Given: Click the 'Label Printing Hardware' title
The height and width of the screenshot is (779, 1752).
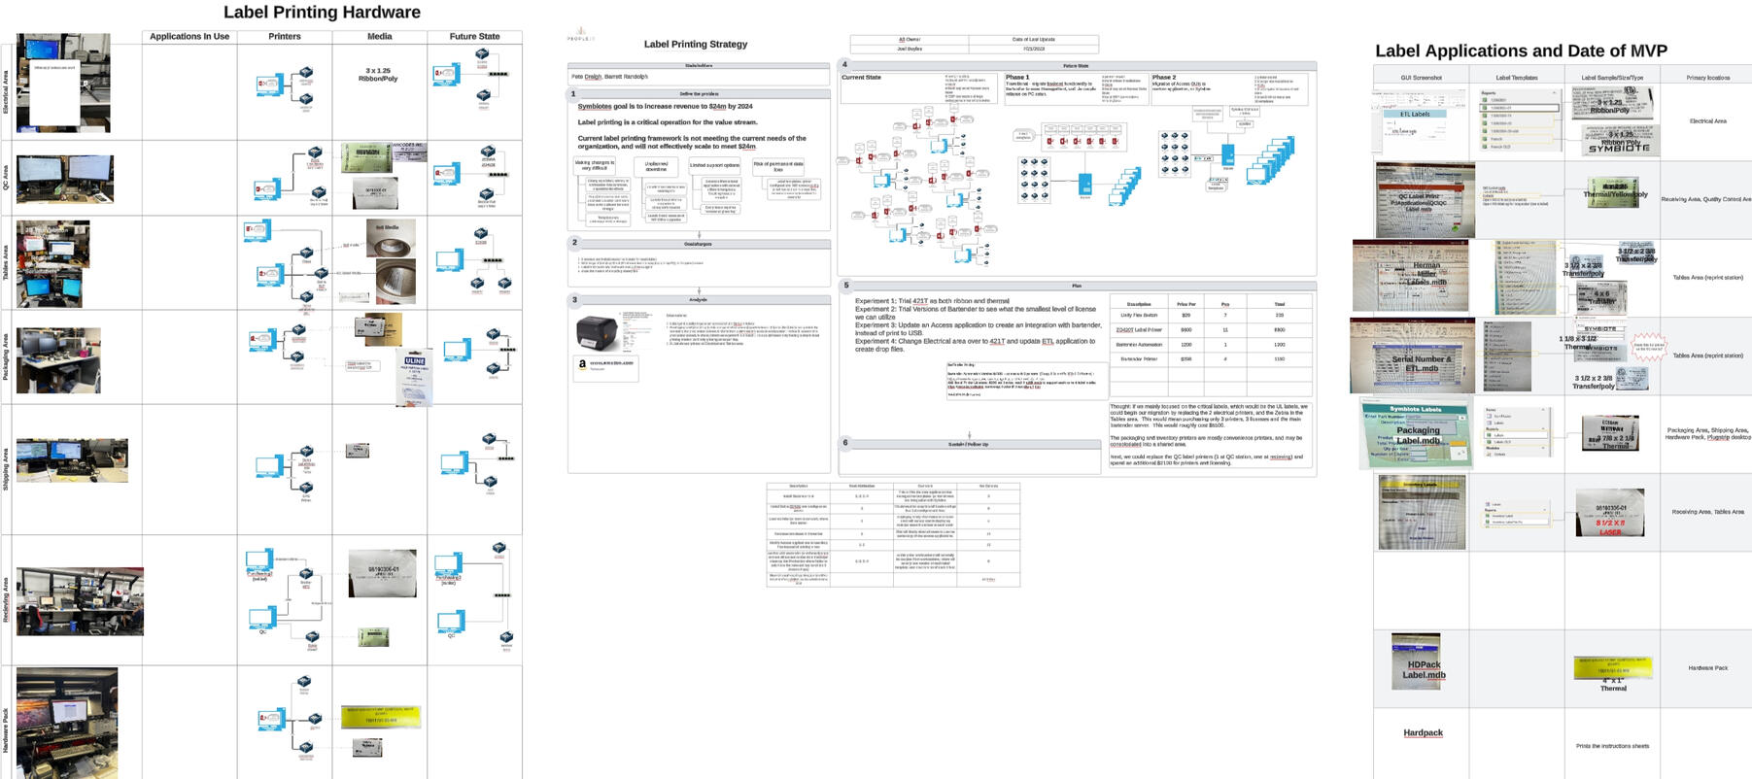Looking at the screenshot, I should (x=322, y=13).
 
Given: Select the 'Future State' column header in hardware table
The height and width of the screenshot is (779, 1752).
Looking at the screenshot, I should (x=474, y=37).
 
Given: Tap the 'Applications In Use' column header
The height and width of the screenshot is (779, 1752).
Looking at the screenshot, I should (x=189, y=37).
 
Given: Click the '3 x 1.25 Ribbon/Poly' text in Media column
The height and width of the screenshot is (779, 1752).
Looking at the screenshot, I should (x=378, y=75).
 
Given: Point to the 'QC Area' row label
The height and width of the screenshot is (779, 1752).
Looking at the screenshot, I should (x=6, y=178).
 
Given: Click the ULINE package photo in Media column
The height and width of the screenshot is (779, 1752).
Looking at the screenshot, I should (x=414, y=376).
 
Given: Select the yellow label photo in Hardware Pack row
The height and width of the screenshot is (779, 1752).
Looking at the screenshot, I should (x=380, y=717).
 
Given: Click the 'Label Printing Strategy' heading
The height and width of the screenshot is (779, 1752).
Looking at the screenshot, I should (x=696, y=44).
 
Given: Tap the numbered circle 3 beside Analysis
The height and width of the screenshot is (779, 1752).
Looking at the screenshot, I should (x=574, y=300).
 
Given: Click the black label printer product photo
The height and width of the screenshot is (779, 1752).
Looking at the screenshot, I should (x=602, y=333).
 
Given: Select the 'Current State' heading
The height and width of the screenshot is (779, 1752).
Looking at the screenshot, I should (x=861, y=78).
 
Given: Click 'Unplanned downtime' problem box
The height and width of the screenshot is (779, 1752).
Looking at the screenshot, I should (x=656, y=166).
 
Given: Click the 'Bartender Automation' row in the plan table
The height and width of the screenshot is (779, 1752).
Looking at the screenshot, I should (x=1139, y=345).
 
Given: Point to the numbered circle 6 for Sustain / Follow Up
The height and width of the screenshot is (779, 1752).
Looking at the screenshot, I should (x=845, y=443).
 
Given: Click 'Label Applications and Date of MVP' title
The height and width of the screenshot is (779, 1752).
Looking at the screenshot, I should (x=1521, y=51).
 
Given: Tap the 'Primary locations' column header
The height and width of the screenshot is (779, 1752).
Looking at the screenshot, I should (x=1707, y=78).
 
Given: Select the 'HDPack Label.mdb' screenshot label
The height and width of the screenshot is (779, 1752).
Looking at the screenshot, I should (x=1423, y=669).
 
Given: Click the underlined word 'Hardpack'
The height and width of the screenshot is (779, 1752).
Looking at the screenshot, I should (x=1423, y=733).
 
